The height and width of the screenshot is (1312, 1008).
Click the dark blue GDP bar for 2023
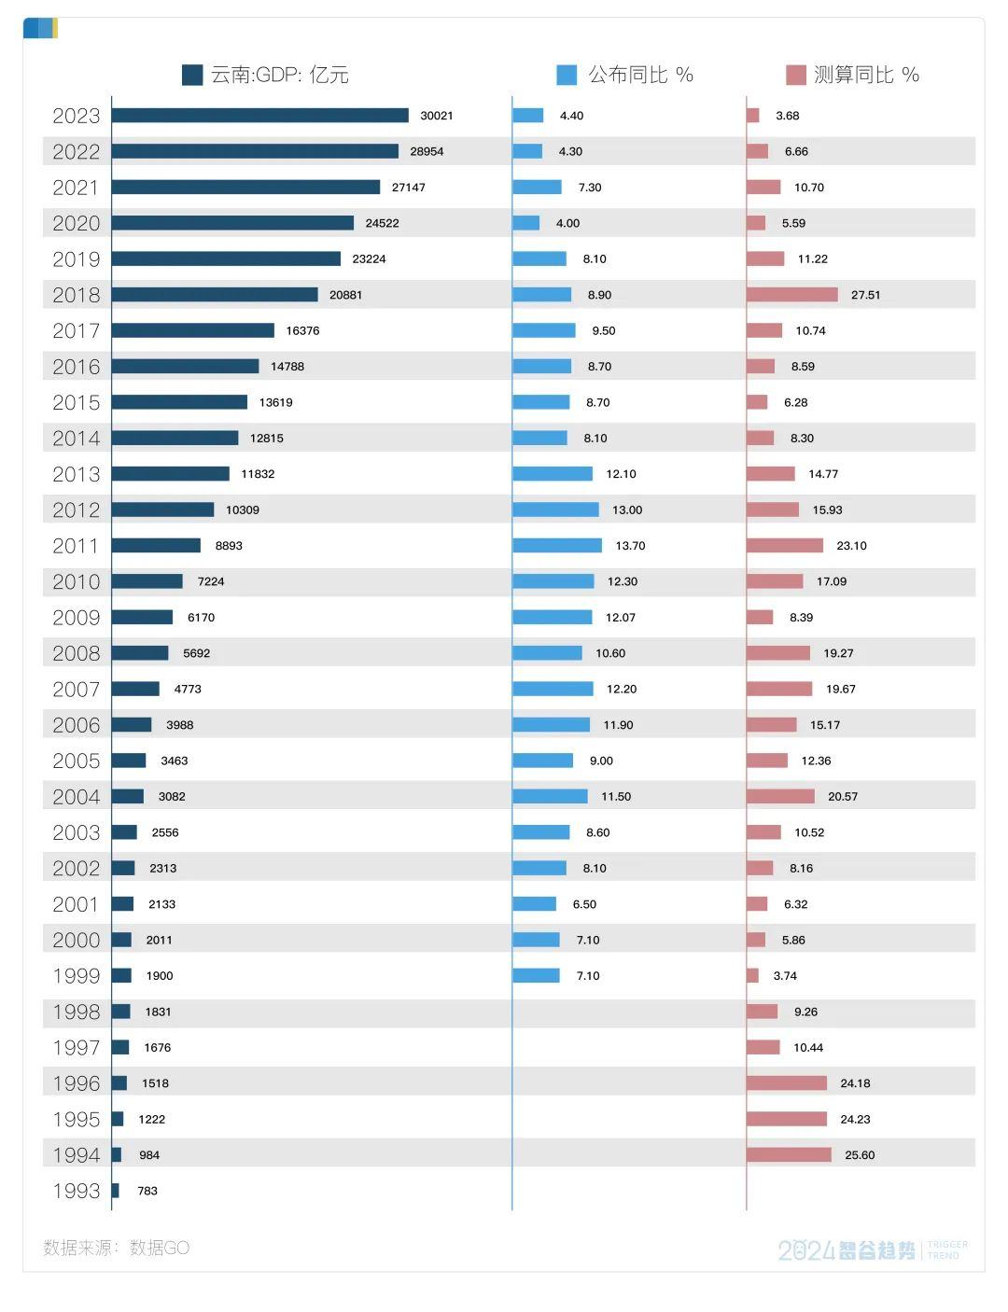259,116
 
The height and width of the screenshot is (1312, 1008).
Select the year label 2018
76,295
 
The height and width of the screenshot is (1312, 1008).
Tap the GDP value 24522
382,223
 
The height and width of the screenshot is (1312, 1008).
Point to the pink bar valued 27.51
791,295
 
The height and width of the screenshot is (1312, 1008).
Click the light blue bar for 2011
557,546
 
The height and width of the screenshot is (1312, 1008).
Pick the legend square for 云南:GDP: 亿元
192,76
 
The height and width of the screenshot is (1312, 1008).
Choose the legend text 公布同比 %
640,76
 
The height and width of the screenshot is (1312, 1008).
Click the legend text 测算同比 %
866,76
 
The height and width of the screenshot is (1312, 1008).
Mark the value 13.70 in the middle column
630,546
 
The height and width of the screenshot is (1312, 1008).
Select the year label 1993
76,1191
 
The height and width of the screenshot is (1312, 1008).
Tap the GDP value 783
147,1191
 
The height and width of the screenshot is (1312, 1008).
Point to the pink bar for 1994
789,1155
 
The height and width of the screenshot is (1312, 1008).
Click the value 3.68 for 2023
787,116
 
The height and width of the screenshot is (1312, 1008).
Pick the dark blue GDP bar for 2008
140,653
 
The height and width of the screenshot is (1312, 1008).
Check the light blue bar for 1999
536,976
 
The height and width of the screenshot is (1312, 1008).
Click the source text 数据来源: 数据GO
116,1248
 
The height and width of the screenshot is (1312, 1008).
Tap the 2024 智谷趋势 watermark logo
847,1250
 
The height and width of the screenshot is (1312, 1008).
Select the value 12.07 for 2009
621,618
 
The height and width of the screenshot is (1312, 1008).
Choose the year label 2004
76,797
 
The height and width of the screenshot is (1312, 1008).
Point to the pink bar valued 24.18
786,1083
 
